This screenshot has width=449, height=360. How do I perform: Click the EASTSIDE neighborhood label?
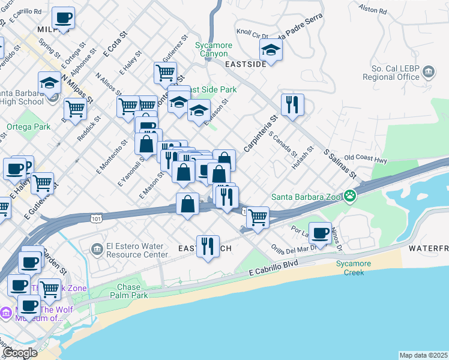pos(245,64)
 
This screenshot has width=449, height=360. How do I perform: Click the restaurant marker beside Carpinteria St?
pos(292,104)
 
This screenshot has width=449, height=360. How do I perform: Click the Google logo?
pos(20,352)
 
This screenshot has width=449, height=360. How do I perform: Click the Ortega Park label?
pos(29,127)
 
